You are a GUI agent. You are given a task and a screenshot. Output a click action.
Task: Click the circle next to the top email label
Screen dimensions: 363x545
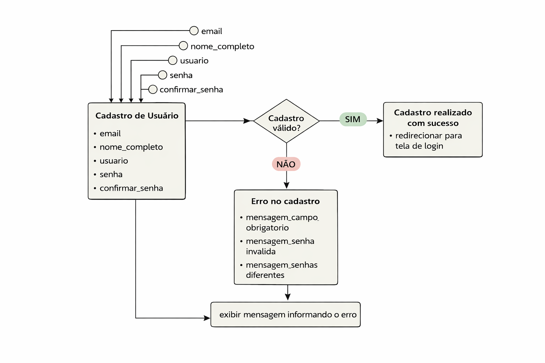(194, 31)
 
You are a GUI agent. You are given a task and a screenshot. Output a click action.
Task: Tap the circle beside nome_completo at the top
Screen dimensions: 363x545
(183, 46)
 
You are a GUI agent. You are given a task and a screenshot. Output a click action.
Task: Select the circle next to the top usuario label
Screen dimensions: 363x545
(172, 60)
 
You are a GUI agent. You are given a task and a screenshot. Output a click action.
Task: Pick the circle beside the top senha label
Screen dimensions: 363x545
(163, 75)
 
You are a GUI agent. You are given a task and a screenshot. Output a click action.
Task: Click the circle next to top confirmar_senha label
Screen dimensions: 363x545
(153, 89)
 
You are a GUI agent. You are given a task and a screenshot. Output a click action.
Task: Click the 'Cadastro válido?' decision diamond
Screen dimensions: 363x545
(286, 121)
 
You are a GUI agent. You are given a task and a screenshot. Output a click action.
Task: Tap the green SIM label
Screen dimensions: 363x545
(353, 119)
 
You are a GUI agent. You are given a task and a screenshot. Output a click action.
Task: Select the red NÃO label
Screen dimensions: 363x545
(286, 164)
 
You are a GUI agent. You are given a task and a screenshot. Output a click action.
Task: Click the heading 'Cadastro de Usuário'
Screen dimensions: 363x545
(137, 116)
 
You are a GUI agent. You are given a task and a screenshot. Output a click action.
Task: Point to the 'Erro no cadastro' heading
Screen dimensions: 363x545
(285, 201)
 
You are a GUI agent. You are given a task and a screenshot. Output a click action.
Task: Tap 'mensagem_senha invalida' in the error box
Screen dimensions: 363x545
(280, 246)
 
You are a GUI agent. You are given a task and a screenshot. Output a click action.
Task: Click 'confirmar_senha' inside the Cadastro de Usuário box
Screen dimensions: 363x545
(131, 188)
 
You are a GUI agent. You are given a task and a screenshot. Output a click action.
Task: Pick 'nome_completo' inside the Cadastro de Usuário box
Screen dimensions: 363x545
(131, 147)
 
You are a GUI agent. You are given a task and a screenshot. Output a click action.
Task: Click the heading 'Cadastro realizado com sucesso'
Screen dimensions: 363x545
(433, 118)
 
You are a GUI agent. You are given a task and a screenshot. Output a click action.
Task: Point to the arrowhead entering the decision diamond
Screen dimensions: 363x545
(247, 121)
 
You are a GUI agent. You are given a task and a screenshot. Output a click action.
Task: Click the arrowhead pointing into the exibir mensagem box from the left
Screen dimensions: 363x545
(207, 318)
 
